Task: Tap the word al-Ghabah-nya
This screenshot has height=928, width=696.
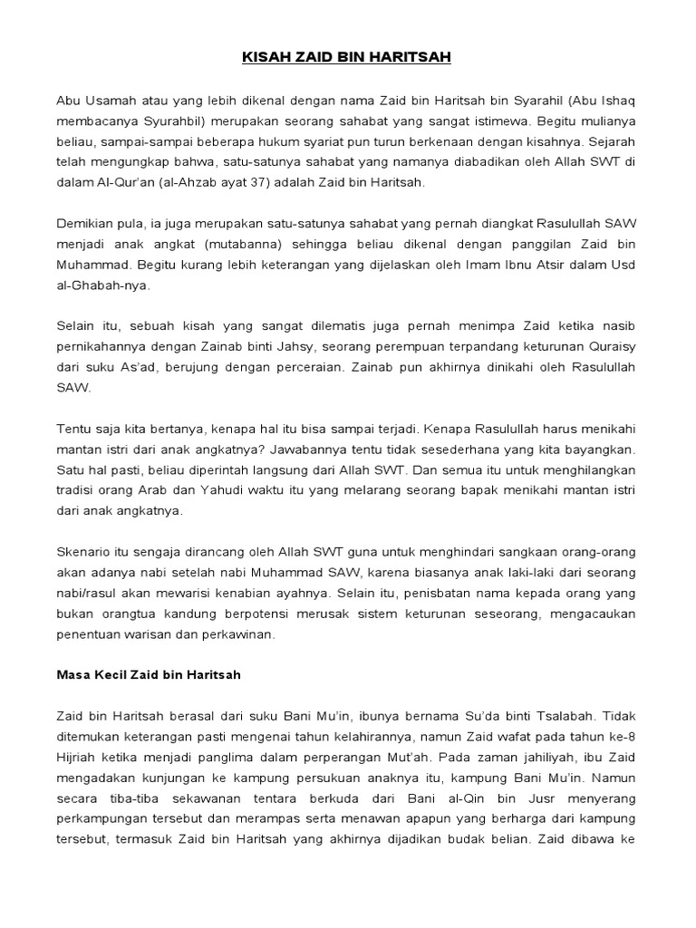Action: point(103,285)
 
